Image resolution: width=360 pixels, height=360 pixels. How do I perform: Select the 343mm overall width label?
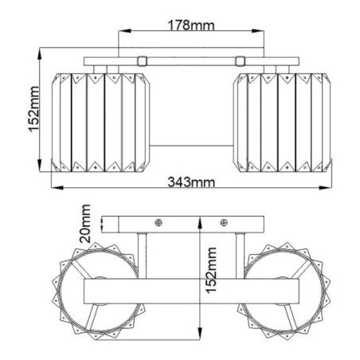192,182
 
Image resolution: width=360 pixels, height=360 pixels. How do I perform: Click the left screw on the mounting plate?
158,223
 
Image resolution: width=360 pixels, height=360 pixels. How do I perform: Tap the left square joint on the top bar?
142,60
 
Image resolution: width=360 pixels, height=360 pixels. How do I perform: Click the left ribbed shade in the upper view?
100,120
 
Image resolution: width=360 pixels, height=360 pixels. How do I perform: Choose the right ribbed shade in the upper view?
280,120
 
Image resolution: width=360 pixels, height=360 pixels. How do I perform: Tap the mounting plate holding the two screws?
191,224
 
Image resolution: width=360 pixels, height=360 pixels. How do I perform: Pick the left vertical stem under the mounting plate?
141,254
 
